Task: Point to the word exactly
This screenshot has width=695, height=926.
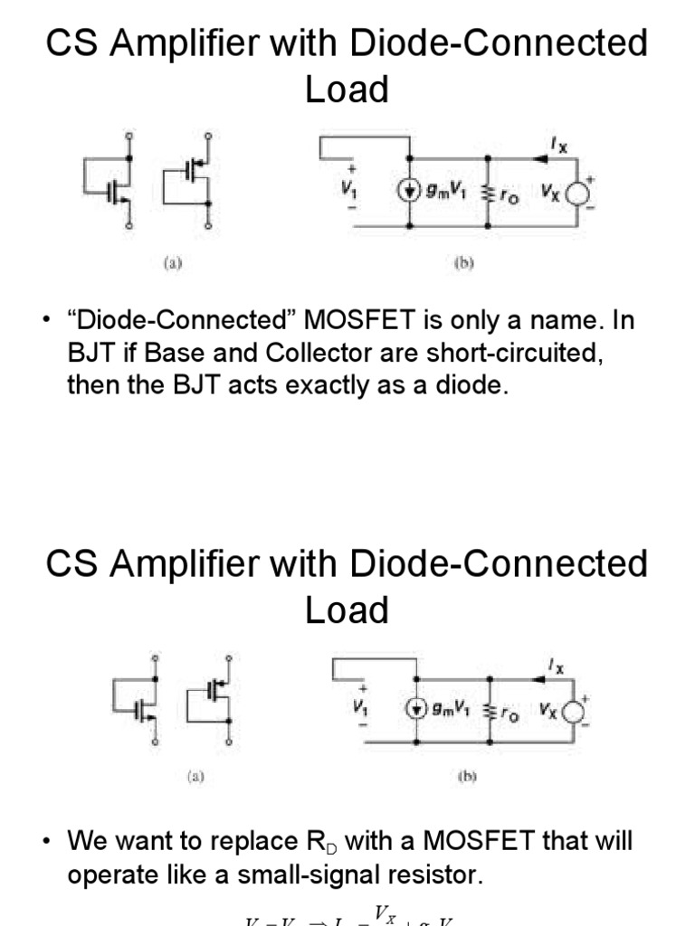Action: pyautogui.click(x=337, y=385)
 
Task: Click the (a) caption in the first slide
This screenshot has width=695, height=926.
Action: pyautogui.click(x=172, y=264)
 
